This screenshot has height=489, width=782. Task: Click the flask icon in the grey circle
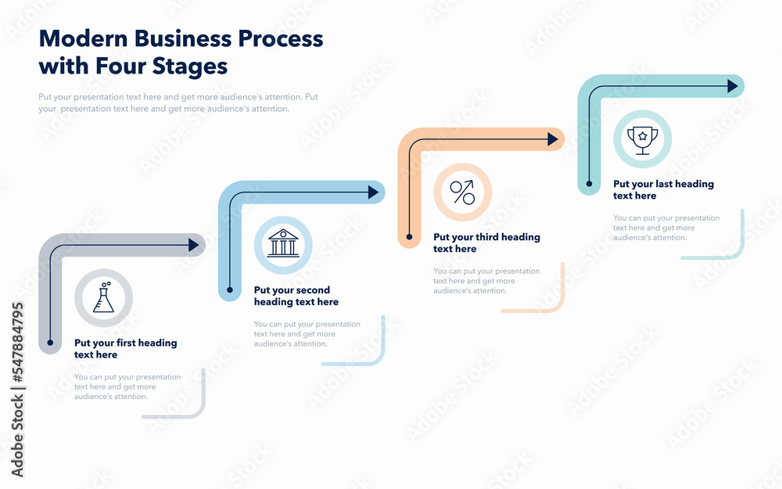[104, 297]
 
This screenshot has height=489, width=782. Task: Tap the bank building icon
[283, 243]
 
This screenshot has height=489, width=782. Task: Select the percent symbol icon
[462, 192]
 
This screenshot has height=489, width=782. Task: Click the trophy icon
[642, 140]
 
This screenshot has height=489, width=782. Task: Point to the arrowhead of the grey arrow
[193, 245]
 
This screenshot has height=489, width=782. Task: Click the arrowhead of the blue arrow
[373, 192]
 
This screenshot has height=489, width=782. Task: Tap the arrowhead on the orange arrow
[553, 139]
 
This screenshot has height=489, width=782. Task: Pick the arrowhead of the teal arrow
[732, 86]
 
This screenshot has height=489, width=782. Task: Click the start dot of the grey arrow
[50, 343]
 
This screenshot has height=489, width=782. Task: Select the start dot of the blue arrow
[229, 290]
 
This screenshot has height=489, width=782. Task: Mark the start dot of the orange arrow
[409, 237]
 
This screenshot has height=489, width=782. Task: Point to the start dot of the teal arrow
[589, 184]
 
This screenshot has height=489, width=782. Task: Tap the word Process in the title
[280, 38]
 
